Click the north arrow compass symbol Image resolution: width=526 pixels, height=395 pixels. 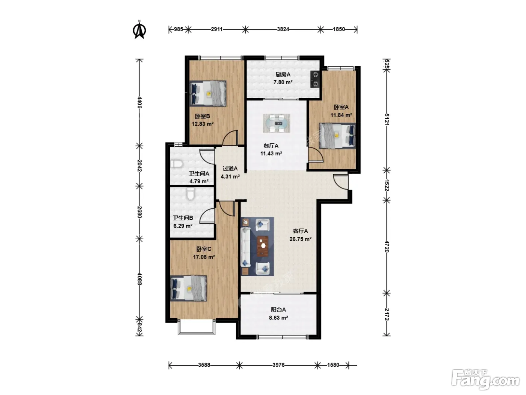(139, 30)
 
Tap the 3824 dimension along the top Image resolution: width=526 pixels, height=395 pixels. (283, 29)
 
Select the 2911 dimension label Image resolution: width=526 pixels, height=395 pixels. (217, 29)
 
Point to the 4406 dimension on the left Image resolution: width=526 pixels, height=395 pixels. (139, 102)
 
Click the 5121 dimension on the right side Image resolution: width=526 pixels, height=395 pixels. (387, 119)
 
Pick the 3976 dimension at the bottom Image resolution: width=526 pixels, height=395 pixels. (278, 365)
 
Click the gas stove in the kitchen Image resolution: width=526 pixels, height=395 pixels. (315, 79)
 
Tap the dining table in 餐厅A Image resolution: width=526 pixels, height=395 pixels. (277, 123)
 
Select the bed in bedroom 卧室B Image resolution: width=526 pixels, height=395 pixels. (208, 93)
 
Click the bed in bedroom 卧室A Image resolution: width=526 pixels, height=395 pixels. (337, 136)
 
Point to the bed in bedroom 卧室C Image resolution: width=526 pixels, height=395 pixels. (188, 289)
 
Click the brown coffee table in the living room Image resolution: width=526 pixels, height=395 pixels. (263, 246)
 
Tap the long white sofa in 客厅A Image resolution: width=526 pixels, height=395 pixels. (245, 247)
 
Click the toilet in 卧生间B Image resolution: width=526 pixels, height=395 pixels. (191, 194)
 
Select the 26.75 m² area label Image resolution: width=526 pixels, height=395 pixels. (301, 239)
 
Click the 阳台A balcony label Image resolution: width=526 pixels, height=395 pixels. (278, 310)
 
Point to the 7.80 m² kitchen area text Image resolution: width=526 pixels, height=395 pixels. (283, 82)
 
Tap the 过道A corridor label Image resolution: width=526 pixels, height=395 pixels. (230, 169)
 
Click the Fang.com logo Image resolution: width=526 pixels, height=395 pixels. (485, 380)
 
